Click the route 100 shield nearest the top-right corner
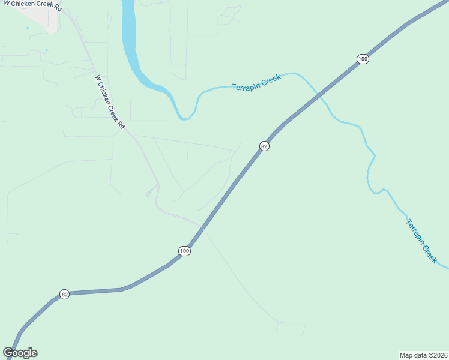tap(362, 59)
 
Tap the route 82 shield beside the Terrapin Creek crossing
tap(264, 146)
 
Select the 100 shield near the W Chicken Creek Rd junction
tap(184, 251)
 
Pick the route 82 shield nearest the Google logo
tap(65, 294)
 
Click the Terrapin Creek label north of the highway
tap(256, 83)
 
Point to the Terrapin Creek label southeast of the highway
tap(421, 240)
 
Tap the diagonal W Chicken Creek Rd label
tap(109, 102)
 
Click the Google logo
tap(20, 353)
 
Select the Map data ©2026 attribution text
tap(423, 354)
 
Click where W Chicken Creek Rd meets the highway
tap(202, 227)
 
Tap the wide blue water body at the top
tap(129, 36)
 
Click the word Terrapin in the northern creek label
tap(246, 85)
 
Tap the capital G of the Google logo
tap(8, 353)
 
